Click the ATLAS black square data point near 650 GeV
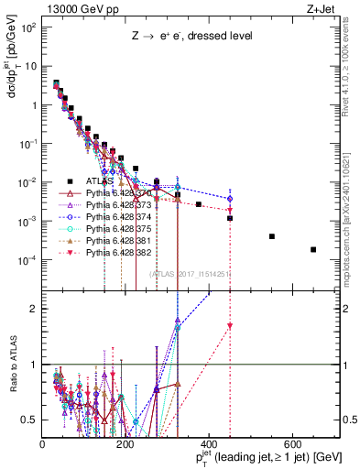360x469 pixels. [x=313, y=249]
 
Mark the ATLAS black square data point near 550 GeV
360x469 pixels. [x=272, y=236]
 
